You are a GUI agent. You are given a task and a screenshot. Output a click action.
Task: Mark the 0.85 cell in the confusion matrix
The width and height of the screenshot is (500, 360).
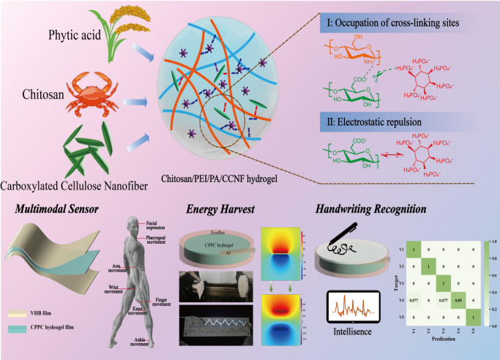(x=458, y=298)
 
